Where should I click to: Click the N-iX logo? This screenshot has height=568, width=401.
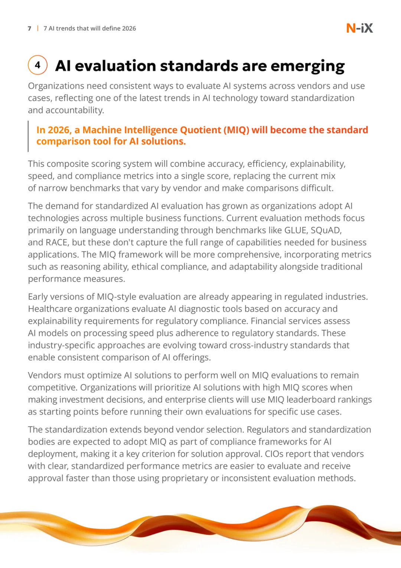[359, 28]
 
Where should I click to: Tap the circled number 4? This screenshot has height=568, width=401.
[38, 65]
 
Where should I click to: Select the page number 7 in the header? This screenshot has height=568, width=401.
[30, 29]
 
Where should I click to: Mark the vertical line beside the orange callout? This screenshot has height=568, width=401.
[28, 136]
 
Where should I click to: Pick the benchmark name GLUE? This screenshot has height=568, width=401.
[295, 230]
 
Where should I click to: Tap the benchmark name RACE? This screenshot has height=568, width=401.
[57, 243]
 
